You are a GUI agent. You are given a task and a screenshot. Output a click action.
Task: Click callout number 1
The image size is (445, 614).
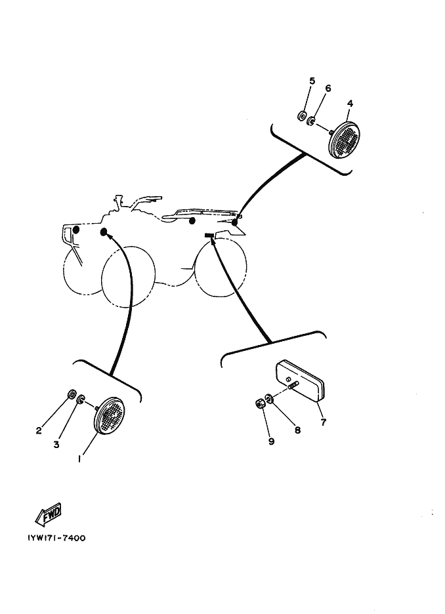point(79,459)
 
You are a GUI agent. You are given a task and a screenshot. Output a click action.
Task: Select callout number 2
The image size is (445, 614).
point(38,431)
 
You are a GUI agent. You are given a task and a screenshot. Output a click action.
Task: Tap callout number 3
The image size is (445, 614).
point(56,445)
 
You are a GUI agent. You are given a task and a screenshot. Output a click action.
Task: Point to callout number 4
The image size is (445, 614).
point(350,104)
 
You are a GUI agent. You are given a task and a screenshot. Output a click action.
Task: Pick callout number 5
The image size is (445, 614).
point(312,81)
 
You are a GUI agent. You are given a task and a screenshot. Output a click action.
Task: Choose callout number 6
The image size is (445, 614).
point(328,88)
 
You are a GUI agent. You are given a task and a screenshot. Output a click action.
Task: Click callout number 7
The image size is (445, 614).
point(323,422)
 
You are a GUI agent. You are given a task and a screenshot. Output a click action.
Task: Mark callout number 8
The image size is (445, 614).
point(297,430)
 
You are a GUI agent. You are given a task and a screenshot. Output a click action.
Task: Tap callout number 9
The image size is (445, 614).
point(271,441)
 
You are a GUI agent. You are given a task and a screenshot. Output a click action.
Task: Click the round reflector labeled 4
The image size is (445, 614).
point(343,140)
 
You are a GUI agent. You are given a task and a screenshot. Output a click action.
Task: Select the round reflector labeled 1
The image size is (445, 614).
point(109,415)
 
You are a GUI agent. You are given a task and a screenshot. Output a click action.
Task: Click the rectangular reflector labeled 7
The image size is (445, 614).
point(301,380)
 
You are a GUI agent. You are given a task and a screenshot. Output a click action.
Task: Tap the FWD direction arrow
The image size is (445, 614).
point(49,514)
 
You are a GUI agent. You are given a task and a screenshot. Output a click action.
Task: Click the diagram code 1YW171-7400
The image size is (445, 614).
point(56,538)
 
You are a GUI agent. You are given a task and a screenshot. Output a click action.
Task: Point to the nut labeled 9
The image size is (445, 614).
point(259,403)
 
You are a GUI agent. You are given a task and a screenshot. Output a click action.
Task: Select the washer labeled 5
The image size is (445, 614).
point(302,115)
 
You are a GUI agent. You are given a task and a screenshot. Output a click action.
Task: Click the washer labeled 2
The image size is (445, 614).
point(72,394)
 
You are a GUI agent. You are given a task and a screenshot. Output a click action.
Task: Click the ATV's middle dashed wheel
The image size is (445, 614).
point(128,276)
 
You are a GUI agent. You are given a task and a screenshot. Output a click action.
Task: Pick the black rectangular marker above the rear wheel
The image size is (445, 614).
point(209,235)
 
